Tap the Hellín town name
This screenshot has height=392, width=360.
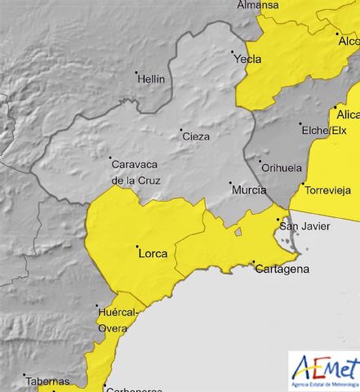point(152,79)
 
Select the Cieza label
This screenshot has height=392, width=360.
point(196,136)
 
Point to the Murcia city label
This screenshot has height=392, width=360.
point(249,189)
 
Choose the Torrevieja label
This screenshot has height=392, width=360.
point(328,190)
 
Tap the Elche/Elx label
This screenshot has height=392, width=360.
point(325,130)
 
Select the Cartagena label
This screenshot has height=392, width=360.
point(282,269)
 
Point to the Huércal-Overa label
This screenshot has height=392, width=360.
point(118,319)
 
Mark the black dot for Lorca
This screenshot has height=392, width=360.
point(137,247)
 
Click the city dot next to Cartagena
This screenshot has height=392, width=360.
point(254,262)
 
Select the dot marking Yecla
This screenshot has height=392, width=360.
point(233,52)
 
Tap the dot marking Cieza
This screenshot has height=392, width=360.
point(180,129)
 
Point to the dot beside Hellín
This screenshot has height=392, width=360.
point(137,73)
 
